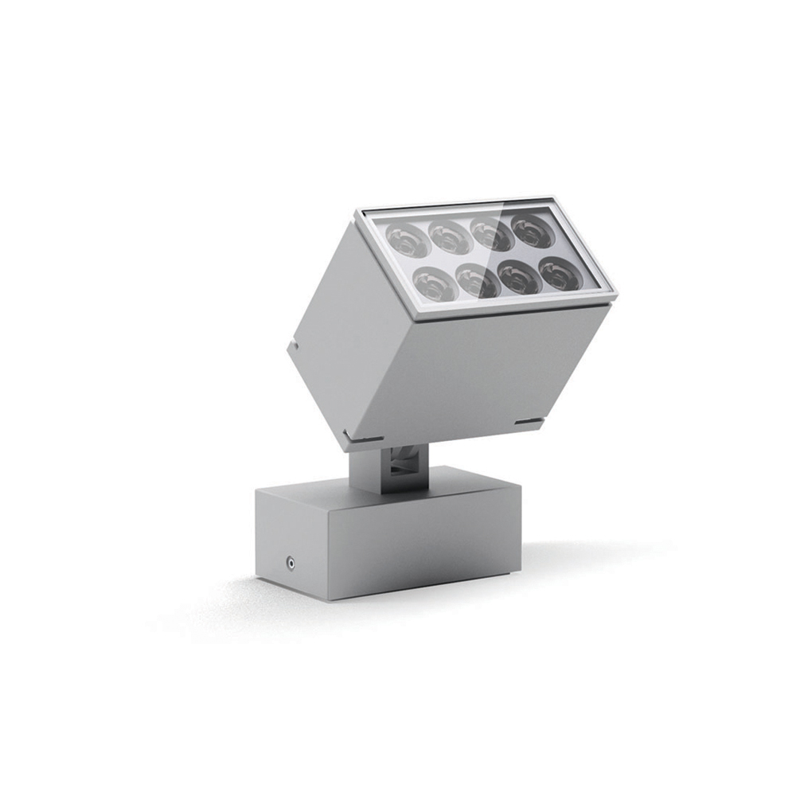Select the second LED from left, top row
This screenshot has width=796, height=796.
click(451, 236)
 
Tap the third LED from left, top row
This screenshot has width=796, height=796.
click(491, 234)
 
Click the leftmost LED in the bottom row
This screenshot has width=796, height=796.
click(434, 282)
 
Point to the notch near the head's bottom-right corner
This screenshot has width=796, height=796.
click(528, 421)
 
